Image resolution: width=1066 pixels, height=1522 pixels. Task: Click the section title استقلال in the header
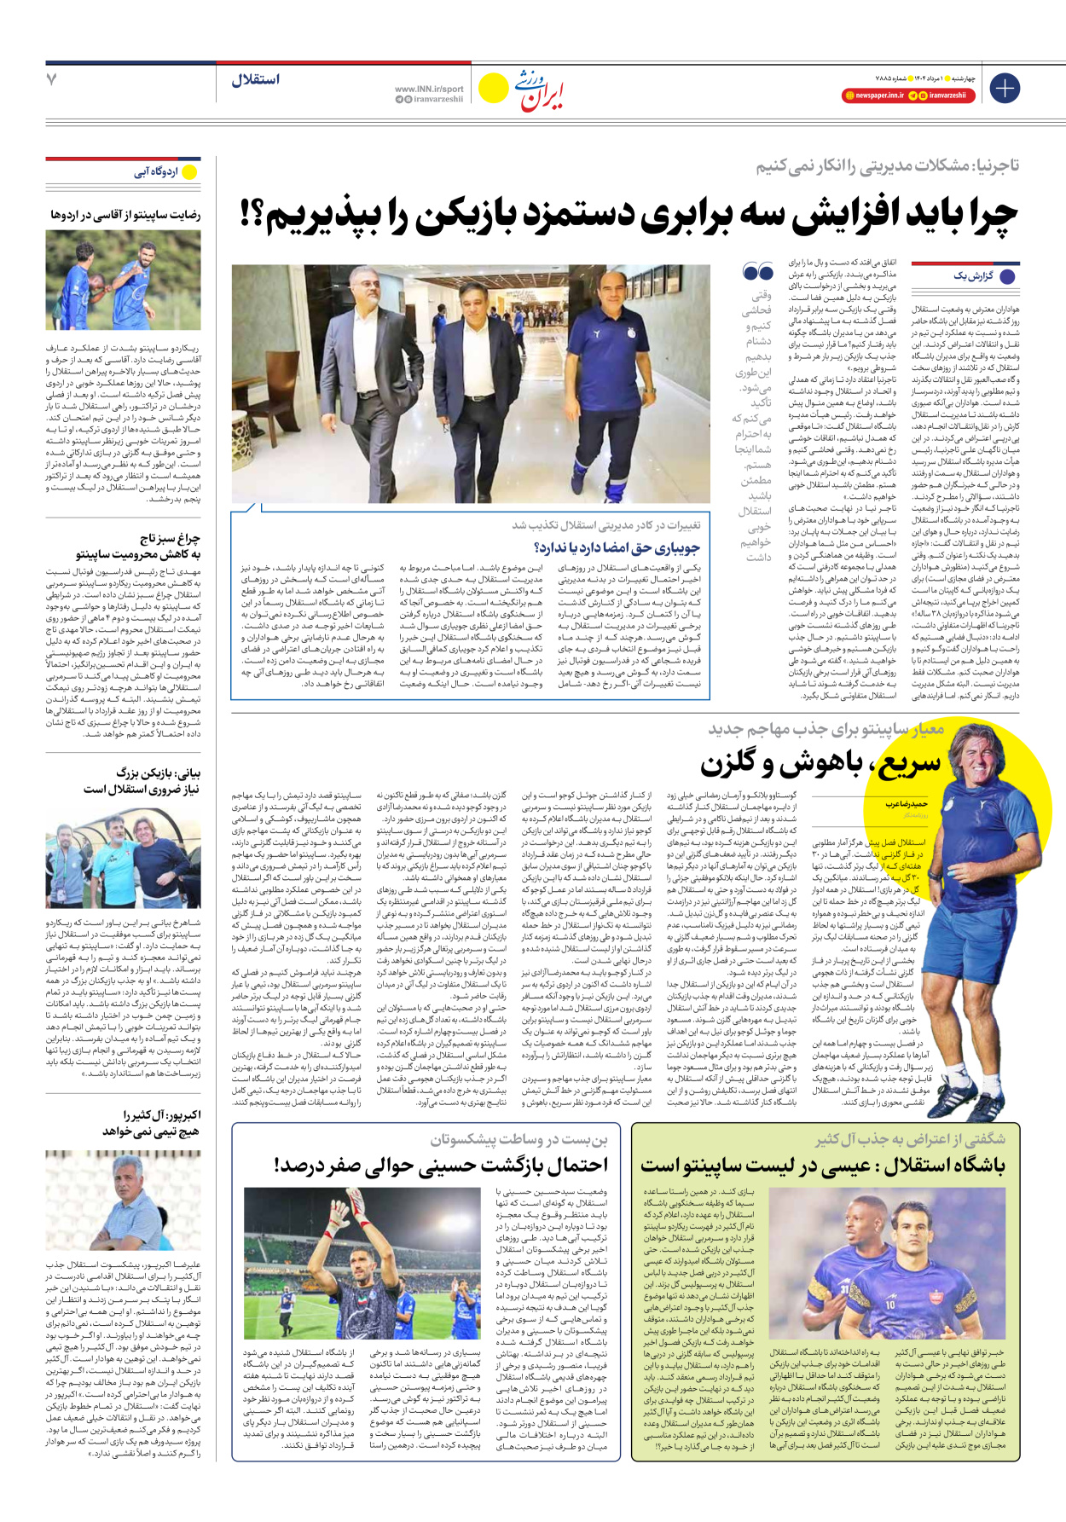point(255,80)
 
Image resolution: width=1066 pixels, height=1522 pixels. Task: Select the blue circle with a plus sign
point(1005,88)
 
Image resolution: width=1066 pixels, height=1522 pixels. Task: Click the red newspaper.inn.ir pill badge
point(873,95)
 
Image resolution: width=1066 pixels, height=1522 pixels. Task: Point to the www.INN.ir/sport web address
point(429,89)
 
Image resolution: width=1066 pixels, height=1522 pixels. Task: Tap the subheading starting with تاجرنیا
point(887,165)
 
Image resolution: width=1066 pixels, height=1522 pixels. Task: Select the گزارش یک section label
point(973,276)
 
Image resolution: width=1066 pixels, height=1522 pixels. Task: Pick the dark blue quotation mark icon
point(757,273)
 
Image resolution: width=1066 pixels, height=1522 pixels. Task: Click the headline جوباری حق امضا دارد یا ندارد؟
point(616,547)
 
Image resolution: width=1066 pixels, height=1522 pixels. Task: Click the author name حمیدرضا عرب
point(907,803)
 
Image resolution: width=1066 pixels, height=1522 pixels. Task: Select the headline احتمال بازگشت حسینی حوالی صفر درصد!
point(441,1165)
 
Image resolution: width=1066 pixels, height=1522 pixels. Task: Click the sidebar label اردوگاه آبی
point(156,172)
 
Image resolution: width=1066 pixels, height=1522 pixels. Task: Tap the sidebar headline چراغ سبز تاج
point(170,538)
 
